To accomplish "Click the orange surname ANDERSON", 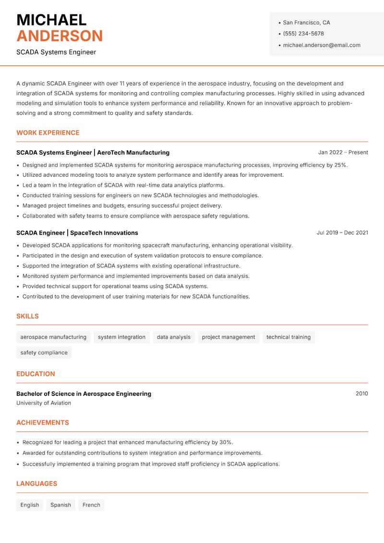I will click(60, 36).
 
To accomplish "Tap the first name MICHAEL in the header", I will click(51, 20).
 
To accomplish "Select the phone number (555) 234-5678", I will click(303, 34).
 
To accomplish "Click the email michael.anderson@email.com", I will click(322, 45).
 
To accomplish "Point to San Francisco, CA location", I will click(306, 23).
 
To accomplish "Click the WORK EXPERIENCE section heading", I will click(48, 133).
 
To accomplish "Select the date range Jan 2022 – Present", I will click(343, 152).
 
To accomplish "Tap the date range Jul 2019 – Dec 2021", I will click(342, 233).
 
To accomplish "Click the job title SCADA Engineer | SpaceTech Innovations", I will click(77, 233).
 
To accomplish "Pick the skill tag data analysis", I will click(174, 337).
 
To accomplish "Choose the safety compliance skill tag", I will click(44, 352).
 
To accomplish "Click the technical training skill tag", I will click(288, 337).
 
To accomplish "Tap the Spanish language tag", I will click(60, 505).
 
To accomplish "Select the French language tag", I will click(91, 505).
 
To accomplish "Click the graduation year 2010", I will click(361, 394).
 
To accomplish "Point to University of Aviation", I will click(44, 403).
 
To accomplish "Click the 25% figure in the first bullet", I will click(340, 165).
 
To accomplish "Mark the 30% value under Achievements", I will click(226, 442).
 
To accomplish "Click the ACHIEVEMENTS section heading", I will click(43, 422).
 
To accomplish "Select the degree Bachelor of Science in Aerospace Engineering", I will click(84, 394).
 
